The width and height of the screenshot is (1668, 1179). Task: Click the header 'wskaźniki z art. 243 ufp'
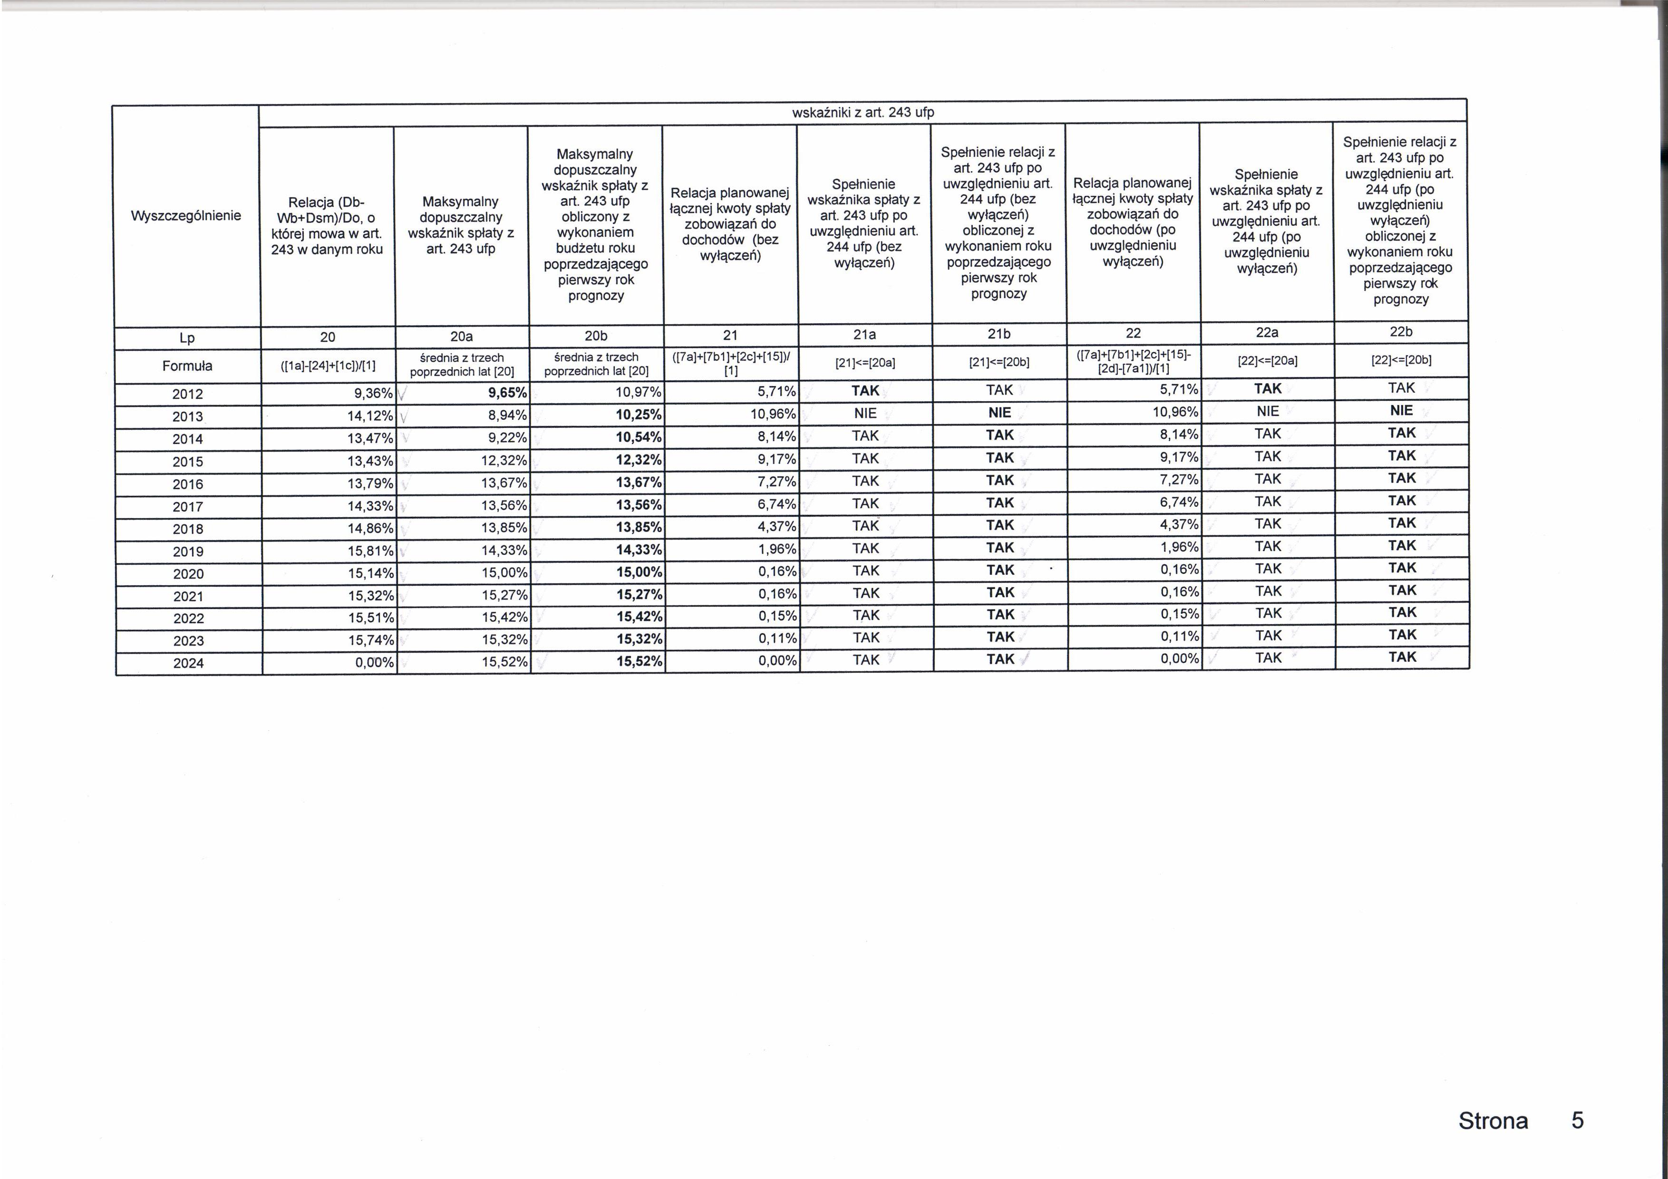(863, 113)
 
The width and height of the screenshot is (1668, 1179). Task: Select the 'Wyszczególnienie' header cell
(186, 216)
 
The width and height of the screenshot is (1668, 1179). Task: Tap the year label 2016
(187, 484)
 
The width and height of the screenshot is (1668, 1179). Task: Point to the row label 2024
(188, 663)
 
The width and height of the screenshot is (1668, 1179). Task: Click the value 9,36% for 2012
(373, 394)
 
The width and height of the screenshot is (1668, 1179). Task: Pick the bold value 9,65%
(507, 393)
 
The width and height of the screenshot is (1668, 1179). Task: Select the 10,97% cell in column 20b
(638, 392)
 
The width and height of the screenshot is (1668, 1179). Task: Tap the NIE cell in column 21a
(865, 413)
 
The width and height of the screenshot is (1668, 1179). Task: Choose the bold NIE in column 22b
(1401, 410)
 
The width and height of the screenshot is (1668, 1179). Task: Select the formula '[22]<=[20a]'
(1267, 360)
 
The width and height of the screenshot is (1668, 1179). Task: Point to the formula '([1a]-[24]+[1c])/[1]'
(328, 366)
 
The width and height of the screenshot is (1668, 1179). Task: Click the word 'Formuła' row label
(187, 366)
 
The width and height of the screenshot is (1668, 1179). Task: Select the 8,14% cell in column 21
(776, 436)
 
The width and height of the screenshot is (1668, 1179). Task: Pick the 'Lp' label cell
(187, 338)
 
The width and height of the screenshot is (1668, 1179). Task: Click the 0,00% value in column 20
(374, 663)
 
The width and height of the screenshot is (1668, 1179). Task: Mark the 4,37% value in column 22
(1179, 524)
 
